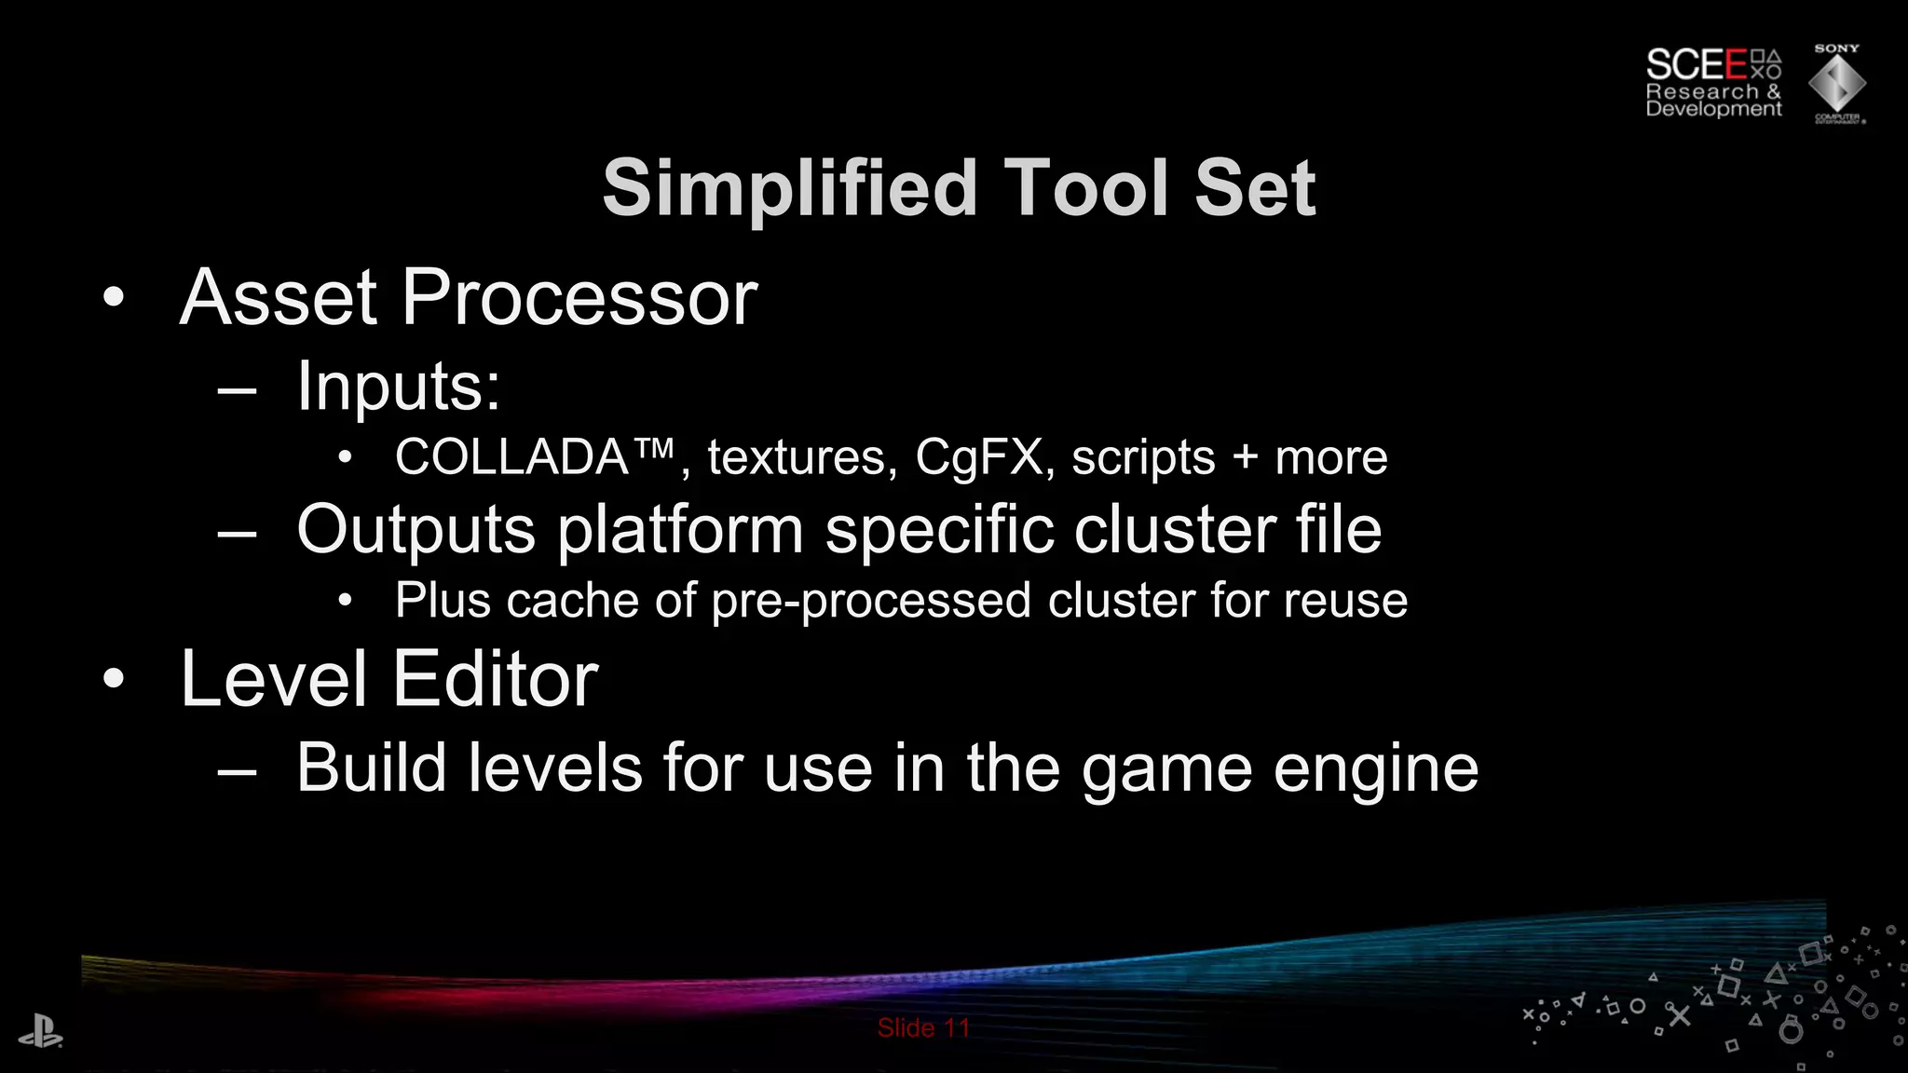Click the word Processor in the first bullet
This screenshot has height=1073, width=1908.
coord(579,298)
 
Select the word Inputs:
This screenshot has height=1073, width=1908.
coord(399,387)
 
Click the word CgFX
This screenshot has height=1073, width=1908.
coord(979,457)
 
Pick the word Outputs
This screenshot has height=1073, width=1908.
coord(416,530)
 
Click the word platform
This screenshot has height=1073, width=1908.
coord(680,530)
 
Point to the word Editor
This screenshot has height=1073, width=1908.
coord(495,680)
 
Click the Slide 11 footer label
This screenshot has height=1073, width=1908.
coord(923,1028)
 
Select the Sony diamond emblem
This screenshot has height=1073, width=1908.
coord(1836,84)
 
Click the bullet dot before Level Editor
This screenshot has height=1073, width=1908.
coord(114,679)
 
